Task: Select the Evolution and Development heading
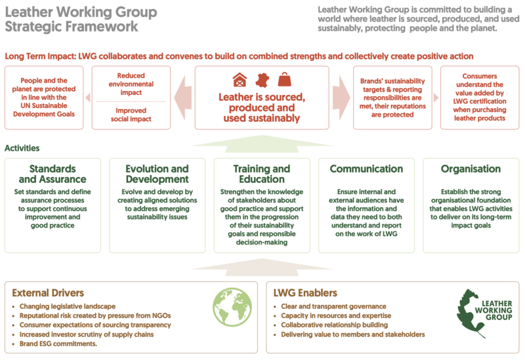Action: tap(157, 174)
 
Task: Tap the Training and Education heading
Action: tap(261, 174)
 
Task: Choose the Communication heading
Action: tap(366, 169)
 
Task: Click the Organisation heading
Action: tap(471, 169)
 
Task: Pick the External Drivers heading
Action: tap(48, 293)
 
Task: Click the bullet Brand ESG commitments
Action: tap(58, 344)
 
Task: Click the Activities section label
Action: tap(22, 148)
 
